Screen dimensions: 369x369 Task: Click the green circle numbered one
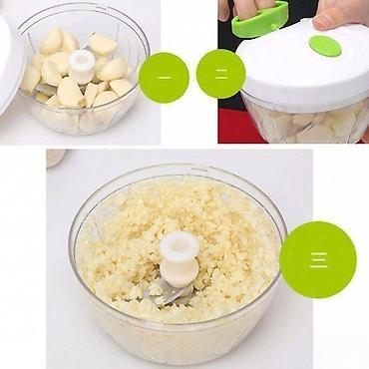tap(164, 78)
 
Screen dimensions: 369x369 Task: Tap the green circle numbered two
tap(221, 74)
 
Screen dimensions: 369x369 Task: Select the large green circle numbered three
tap(318, 259)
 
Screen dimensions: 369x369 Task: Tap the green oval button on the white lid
tap(325, 46)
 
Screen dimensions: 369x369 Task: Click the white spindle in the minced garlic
tap(180, 258)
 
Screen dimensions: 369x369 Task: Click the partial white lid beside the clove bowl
tap(11, 63)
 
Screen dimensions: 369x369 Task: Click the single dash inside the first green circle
tap(165, 78)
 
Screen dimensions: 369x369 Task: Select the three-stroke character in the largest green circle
tap(319, 260)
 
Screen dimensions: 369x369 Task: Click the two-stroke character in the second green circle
tap(221, 74)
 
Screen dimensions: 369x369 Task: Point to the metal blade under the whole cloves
tap(44, 89)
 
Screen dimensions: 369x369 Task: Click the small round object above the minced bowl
tap(56, 158)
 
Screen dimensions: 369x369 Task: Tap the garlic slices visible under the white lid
tap(307, 124)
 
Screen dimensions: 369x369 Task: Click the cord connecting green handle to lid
tap(274, 28)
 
